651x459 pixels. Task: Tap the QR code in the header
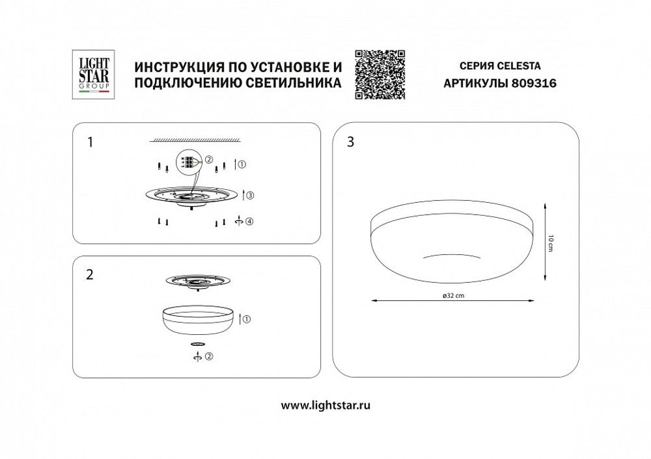coord(381,73)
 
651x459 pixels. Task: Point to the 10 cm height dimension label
coord(551,242)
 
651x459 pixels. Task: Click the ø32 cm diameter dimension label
coord(452,296)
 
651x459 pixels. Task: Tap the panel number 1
coord(90,142)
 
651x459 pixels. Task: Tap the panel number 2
coord(90,274)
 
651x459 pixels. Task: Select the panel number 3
coord(352,143)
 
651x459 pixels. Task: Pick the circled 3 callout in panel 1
coord(250,194)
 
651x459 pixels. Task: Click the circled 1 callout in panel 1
coord(242,165)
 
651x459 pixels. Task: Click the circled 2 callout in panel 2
coord(208,356)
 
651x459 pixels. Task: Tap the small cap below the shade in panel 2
coord(197,343)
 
